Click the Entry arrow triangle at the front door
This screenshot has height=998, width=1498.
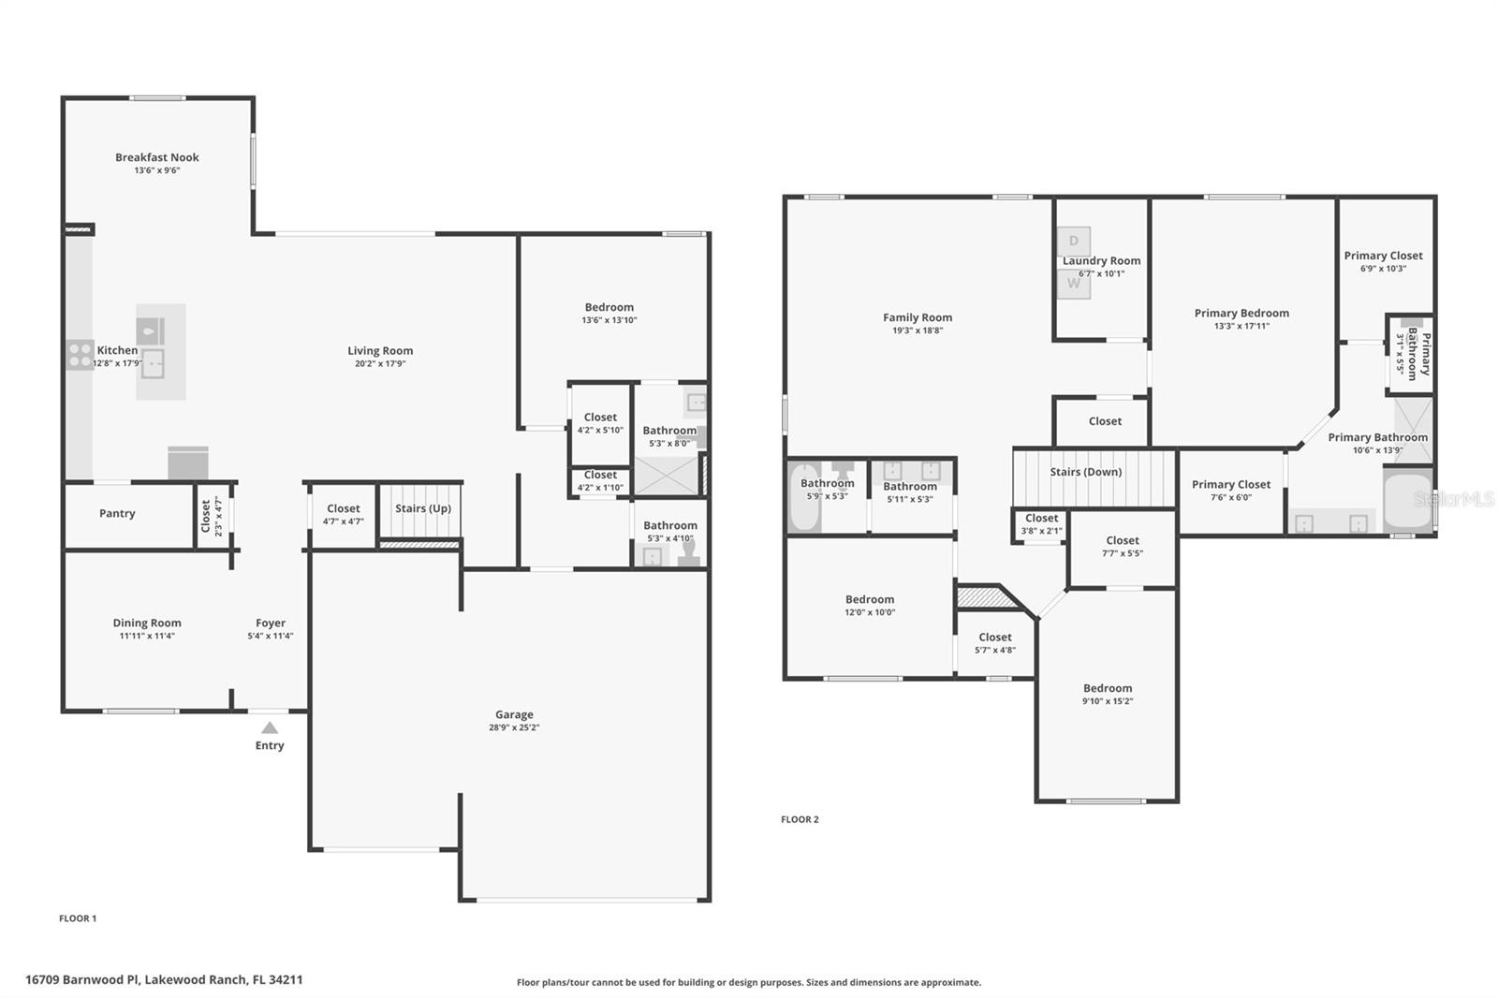tap(270, 727)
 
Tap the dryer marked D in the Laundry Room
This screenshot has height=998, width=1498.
tap(1074, 241)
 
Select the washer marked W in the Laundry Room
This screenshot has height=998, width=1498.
tap(1074, 284)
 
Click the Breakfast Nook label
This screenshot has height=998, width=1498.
tap(157, 157)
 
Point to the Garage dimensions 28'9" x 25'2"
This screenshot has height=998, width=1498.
tap(514, 727)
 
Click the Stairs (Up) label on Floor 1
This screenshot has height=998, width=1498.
tap(423, 508)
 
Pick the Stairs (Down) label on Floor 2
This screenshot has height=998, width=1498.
tap(1085, 472)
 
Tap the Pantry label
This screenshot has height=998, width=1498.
tap(117, 513)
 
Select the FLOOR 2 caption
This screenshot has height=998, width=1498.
tap(800, 819)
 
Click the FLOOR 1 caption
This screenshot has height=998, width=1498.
tap(78, 918)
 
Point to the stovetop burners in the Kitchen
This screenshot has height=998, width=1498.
tap(79, 354)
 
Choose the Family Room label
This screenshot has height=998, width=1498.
tap(918, 317)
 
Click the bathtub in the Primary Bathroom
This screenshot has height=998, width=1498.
tap(1407, 501)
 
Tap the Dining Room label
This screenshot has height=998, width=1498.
tap(147, 623)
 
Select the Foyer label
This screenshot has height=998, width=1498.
tap(271, 623)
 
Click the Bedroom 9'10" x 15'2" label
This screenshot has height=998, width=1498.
tap(1108, 688)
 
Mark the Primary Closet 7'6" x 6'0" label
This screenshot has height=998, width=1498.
tap(1231, 484)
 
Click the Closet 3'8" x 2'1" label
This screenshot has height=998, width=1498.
tap(1041, 518)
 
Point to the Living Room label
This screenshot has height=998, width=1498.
tap(380, 351)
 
